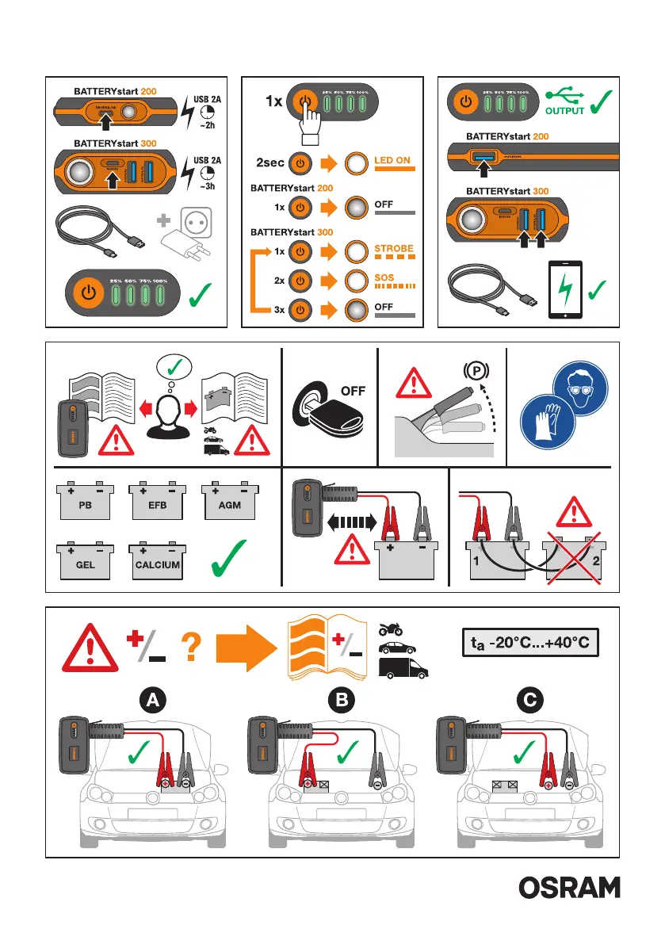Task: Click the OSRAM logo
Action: click(569, 888)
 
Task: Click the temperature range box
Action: click(528, 642)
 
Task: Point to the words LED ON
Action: click(392, 160)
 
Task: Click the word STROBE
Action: click(393, 248)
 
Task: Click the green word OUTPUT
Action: click(564, 111)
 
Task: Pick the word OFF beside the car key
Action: click(354, 391)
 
